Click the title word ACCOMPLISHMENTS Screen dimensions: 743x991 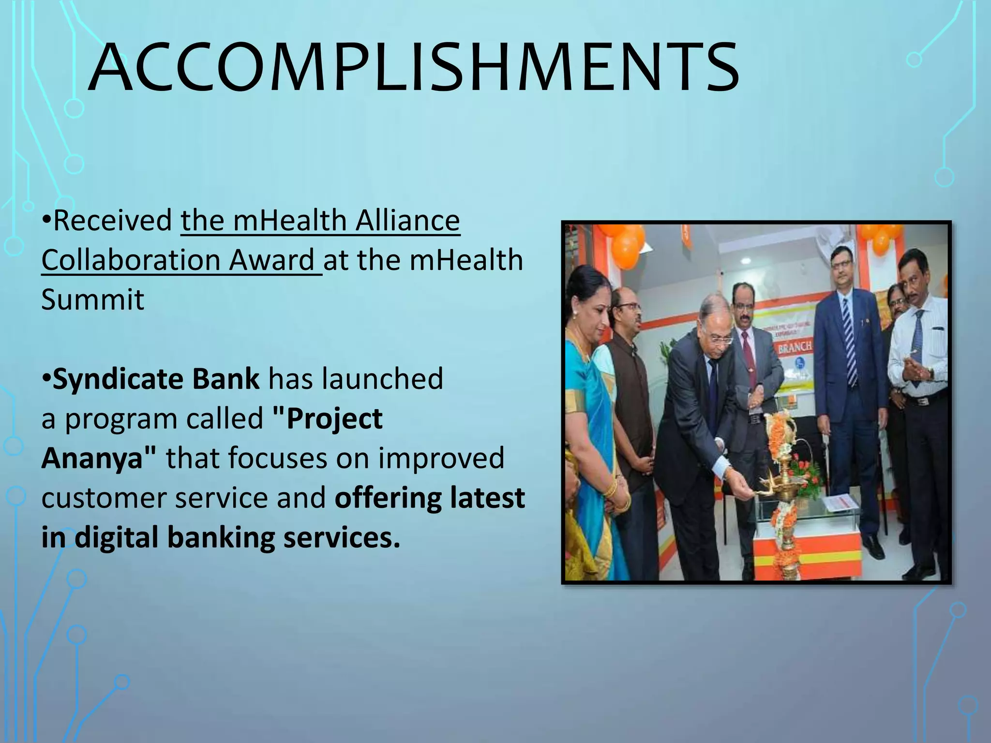(x=413, y=68)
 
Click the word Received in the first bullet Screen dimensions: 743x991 (x=112, y=221)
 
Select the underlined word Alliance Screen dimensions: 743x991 (x=407, y=221)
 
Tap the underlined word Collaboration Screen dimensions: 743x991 (x=130, y=260)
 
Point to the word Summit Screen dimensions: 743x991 (x=92, y=300)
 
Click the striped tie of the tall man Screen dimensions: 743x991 (x=850, y=339)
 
